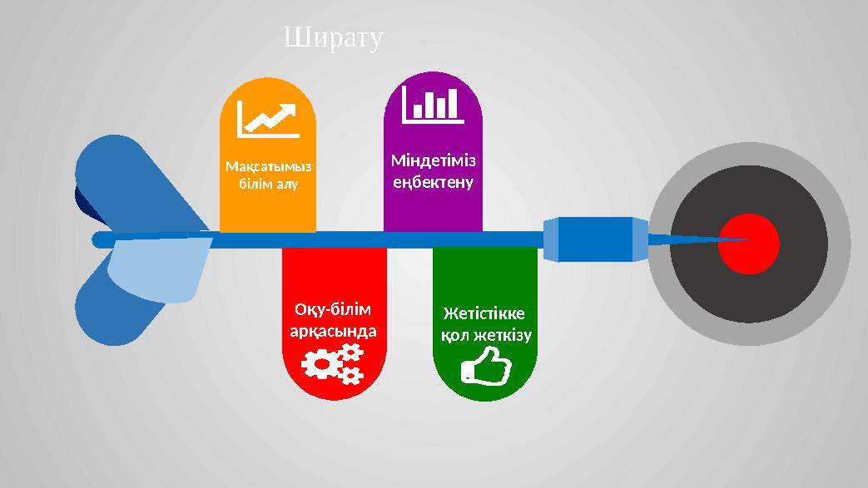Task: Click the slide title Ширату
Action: coord(333,38)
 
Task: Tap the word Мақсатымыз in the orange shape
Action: coord(267,165)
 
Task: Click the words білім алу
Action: coord(267,182)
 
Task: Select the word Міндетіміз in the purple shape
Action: coord(433,159)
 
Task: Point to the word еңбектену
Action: coord(433,180)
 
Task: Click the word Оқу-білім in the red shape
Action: coord(333,309)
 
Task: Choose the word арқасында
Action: coord(333,330)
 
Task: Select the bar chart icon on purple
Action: coord(432,105)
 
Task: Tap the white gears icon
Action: coord(333,365)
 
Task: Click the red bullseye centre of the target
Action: coord(749,244)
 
